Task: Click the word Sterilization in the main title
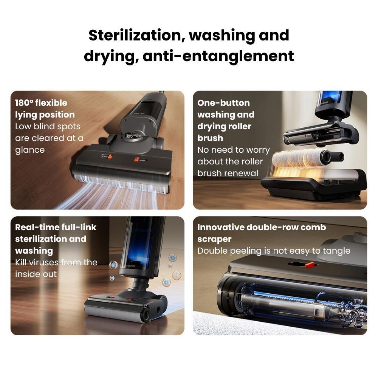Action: pos(135,35)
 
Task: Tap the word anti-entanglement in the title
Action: pos(218,56)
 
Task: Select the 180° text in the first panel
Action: pos(24,103)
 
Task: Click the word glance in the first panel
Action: pos(30,150)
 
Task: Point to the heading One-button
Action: pos(223,103)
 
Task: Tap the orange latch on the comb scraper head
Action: pos(309,265)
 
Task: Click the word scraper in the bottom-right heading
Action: pos(214,239)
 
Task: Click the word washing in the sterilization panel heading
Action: pos(34,251)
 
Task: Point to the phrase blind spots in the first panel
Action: pos(57,127)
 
